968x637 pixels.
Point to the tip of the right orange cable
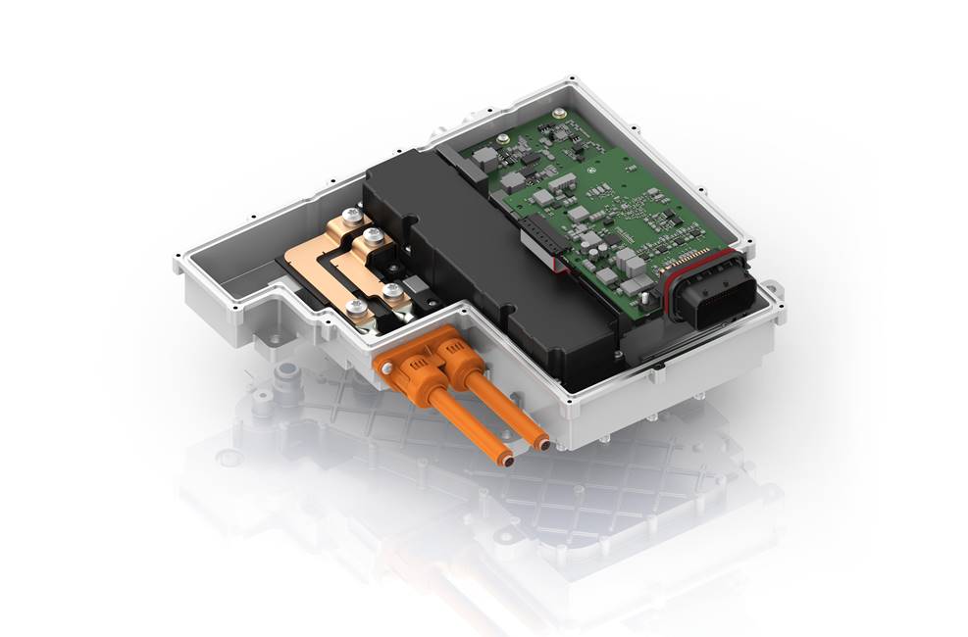click(540, 444)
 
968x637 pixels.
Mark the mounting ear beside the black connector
click(774, 291)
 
